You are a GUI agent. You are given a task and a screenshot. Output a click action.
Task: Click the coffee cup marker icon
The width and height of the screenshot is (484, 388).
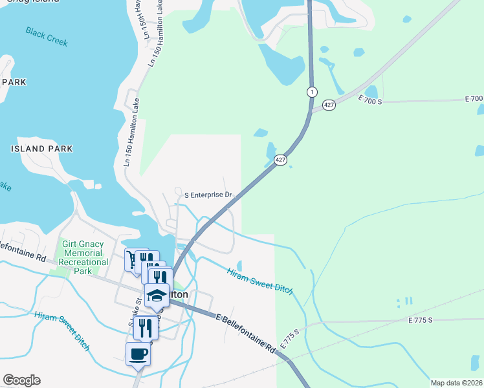point(138,354)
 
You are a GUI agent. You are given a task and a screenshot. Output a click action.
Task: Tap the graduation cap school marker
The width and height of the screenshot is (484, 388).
point(157,295)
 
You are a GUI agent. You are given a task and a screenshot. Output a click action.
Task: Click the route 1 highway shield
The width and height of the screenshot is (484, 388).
point(312,92)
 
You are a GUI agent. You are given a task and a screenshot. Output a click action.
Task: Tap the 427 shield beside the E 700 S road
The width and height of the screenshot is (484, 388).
point(329,105)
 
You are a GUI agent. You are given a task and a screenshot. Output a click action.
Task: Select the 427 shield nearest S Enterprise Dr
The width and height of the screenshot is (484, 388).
point(280,160)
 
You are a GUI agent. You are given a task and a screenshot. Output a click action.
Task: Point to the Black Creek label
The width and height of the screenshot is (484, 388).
point(47,37)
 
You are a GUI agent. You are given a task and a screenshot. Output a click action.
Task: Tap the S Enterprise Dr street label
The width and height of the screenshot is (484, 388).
point(208,194)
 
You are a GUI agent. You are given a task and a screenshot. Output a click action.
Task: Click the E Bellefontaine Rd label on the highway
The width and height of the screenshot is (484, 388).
point(246,334)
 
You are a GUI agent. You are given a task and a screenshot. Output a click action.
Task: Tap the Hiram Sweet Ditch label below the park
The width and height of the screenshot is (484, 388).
point(63,327)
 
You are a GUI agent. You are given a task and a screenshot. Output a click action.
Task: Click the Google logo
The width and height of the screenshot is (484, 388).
point(21,380)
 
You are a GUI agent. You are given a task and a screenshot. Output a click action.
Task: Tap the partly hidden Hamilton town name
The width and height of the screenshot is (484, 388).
point(178,294)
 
